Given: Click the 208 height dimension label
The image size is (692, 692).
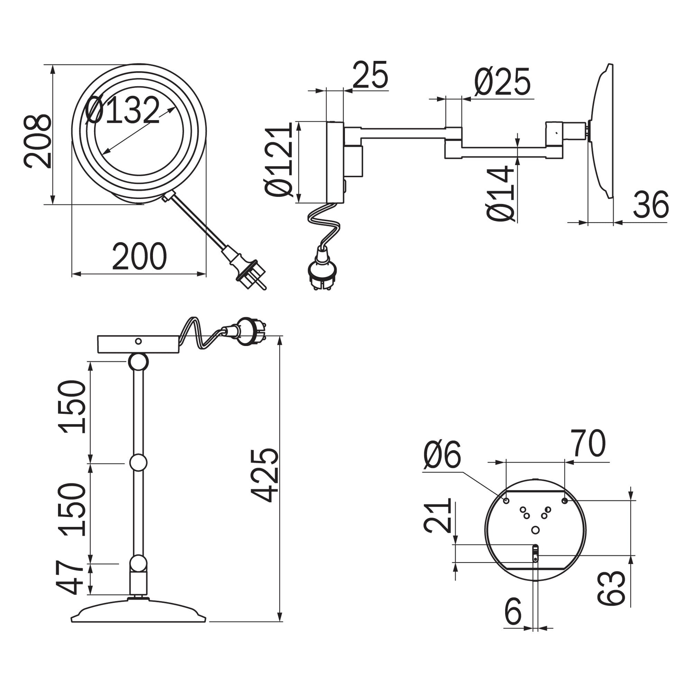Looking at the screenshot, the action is point(37,141).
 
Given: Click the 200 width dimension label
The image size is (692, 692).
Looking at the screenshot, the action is point(139,256).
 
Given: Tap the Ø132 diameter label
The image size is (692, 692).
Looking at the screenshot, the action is point(122,110).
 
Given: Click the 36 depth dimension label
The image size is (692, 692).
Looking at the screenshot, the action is point(651,204).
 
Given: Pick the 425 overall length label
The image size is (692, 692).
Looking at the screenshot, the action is point(264,475).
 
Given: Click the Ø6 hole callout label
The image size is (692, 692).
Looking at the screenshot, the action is point(442,455).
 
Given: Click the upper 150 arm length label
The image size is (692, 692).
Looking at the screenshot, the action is point(72,407).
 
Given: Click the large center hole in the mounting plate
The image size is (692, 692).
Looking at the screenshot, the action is point(535,530).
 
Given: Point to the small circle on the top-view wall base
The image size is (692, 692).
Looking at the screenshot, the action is point(139,341).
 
